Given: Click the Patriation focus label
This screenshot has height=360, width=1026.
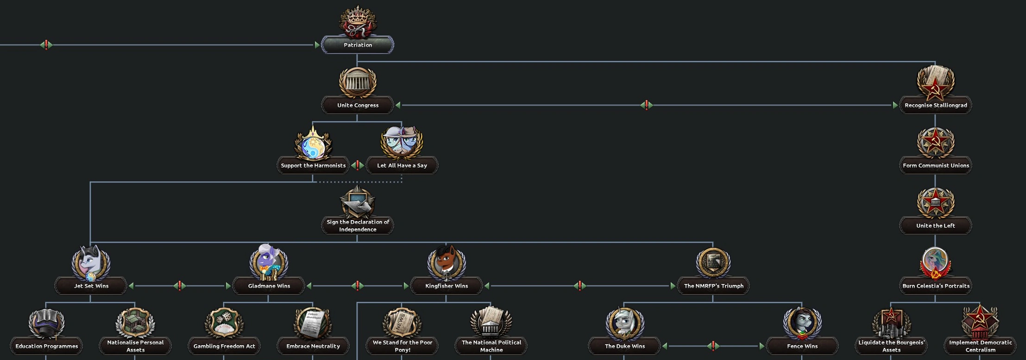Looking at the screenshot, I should click(x=358, y=45).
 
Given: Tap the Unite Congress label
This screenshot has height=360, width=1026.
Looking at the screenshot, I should click(x=358, y=105).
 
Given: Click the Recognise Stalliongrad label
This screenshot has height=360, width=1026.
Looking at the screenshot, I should click(x=935, y=105).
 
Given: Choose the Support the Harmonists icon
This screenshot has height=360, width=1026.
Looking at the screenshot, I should click(x=313, y=143).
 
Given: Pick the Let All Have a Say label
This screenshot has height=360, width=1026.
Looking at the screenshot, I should click(x=402, y=165).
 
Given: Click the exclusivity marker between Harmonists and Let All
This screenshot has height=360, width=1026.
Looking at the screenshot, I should click(x=357, y=165).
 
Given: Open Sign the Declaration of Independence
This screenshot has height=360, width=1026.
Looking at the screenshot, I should click(x=358, y=225).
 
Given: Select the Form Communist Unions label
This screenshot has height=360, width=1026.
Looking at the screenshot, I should click(x=935, y=165).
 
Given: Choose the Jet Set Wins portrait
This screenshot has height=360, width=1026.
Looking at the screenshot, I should click(x=91, y=262).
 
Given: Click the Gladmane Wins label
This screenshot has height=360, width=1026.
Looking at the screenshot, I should click(x=269, y=286).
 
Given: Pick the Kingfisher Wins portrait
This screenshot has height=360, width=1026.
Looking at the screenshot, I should click(x=446, y=262).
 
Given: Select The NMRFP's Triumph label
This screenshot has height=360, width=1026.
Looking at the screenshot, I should click(x=713, y=286).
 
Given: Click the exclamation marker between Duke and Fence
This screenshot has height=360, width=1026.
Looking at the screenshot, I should click(x=713, y=346).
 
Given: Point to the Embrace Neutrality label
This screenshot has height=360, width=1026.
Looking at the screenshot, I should click(x=313, y=346).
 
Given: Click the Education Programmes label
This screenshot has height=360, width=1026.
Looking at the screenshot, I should click(x=46, y=346).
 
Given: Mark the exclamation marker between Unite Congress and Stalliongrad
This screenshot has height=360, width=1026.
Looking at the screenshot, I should click(x=647, y=105).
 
